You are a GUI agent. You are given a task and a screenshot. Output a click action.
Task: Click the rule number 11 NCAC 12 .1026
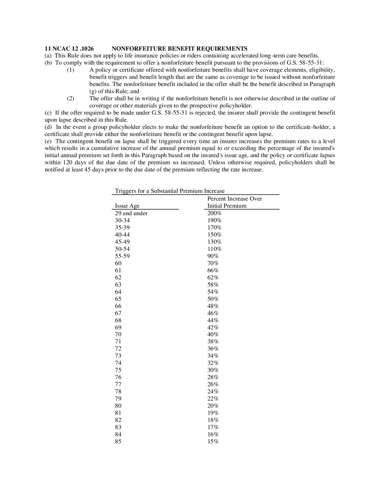tap(69, 49)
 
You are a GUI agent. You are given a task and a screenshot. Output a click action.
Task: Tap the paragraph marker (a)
tap(48, 56)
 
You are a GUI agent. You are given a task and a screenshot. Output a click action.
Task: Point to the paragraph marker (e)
tap(48, 141)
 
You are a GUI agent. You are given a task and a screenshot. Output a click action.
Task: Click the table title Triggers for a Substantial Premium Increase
tap(170, 191)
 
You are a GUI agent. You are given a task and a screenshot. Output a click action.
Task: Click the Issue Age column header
tap(127, 206)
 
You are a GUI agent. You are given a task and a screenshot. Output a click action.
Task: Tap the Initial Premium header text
tap(227, 206)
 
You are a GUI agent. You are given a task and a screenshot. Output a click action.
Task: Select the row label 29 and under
tap(131, 213)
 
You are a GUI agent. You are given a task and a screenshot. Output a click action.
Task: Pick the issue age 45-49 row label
tap(122, 242)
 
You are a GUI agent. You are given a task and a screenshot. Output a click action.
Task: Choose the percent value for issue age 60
tap(213, 263)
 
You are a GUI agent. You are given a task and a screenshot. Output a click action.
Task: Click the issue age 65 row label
tap(118, 299)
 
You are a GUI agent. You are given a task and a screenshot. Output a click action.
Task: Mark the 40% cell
tap(213, 334)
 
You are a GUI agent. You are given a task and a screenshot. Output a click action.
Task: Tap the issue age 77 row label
tap(118, 384)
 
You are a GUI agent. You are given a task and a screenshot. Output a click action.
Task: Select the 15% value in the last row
tap(213, 441)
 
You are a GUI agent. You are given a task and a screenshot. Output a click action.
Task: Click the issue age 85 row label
tap(118, 441)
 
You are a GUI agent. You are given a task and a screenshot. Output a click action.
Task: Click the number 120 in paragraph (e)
tap(67, 162)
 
